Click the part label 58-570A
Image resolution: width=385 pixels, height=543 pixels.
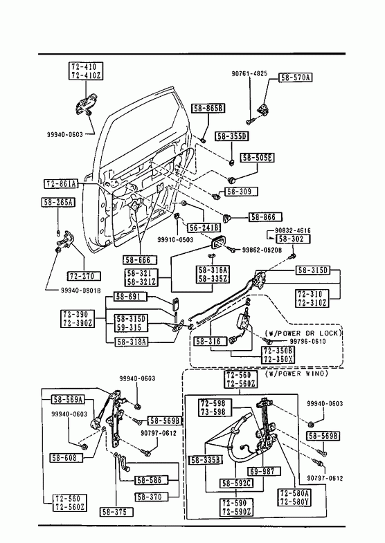[x=295, y=77]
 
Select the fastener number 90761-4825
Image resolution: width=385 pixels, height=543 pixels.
[x=249, y=73]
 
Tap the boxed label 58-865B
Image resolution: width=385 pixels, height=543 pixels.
[x=208, y=109]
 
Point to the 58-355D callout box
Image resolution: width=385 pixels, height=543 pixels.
[x=231, y=136]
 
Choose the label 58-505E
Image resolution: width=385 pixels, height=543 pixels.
[x=257, y=158]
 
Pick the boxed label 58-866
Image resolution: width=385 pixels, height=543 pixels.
[x=265, y=217]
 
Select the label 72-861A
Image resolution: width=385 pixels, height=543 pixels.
[x=61, y=184]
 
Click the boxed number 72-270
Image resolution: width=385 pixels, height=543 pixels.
[x=84, y=276]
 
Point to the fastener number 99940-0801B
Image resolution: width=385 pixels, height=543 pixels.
[x=81, y=291]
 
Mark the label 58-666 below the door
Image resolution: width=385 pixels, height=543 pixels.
[x=140, y=259]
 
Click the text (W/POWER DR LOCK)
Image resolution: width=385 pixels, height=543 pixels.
[x=303, y=333]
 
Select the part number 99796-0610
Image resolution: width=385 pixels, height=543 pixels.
[x=307, y=342]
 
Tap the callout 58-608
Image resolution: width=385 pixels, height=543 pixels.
[x=66, y=457]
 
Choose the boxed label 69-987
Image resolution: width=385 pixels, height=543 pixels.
[x=264, y=471]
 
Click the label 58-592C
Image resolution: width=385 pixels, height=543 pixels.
[x=236, y=483]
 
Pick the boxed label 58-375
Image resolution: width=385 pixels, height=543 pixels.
[x=116, y=512]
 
